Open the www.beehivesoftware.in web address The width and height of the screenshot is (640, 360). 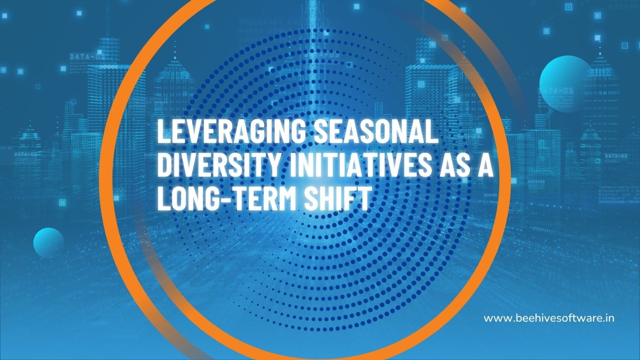pos(549,318)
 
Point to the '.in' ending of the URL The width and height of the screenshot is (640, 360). pos(608,318)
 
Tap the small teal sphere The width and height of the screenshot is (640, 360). pos(48,243)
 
